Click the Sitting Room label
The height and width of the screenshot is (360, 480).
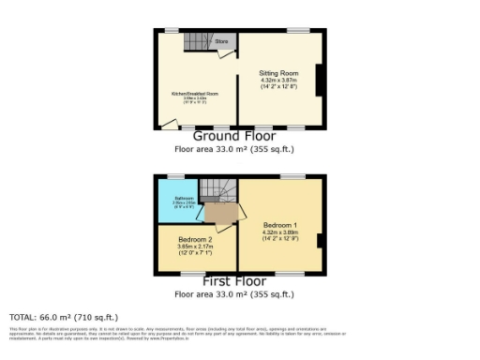point(278,73)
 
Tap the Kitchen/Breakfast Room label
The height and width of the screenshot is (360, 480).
point(194,94)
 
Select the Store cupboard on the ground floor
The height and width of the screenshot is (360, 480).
point(223,42)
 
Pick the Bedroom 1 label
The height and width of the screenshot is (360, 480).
point(280,226)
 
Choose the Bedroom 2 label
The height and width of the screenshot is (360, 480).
point(196,240)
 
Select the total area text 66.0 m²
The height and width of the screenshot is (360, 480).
point(64,318)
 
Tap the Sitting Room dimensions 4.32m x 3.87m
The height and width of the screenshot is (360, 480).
point(278,82)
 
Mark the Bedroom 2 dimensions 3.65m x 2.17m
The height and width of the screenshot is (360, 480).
point(196,247)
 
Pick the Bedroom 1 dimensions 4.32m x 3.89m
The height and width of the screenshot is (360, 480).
point(280,234)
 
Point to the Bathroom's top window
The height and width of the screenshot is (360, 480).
point(175,176)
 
